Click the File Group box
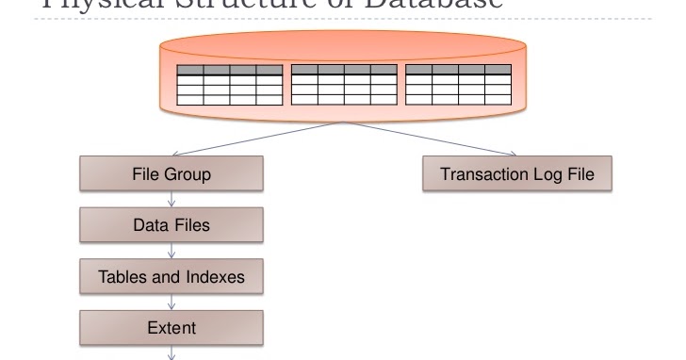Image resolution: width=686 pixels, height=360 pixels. coord(171,175)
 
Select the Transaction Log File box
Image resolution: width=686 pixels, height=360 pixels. coord(517,175)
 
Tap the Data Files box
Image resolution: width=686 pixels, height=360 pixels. coord(171,226)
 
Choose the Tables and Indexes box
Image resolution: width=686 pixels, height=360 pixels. coord(171,277)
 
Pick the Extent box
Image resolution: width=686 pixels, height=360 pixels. coord(171,328)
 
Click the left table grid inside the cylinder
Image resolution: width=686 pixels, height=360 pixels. coord(230,85)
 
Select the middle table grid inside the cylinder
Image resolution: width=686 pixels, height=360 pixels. coord(344,85)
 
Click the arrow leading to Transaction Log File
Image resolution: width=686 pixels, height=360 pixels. coord(433,140)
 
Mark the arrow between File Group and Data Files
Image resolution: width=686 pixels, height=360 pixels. coord(171,200)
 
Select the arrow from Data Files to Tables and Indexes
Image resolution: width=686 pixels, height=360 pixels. coord(171,251)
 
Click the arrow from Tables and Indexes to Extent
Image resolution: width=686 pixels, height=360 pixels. coord(171,302)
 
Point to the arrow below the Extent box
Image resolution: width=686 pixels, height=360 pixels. coord(171,352)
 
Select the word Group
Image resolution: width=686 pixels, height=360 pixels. coord(188,175)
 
